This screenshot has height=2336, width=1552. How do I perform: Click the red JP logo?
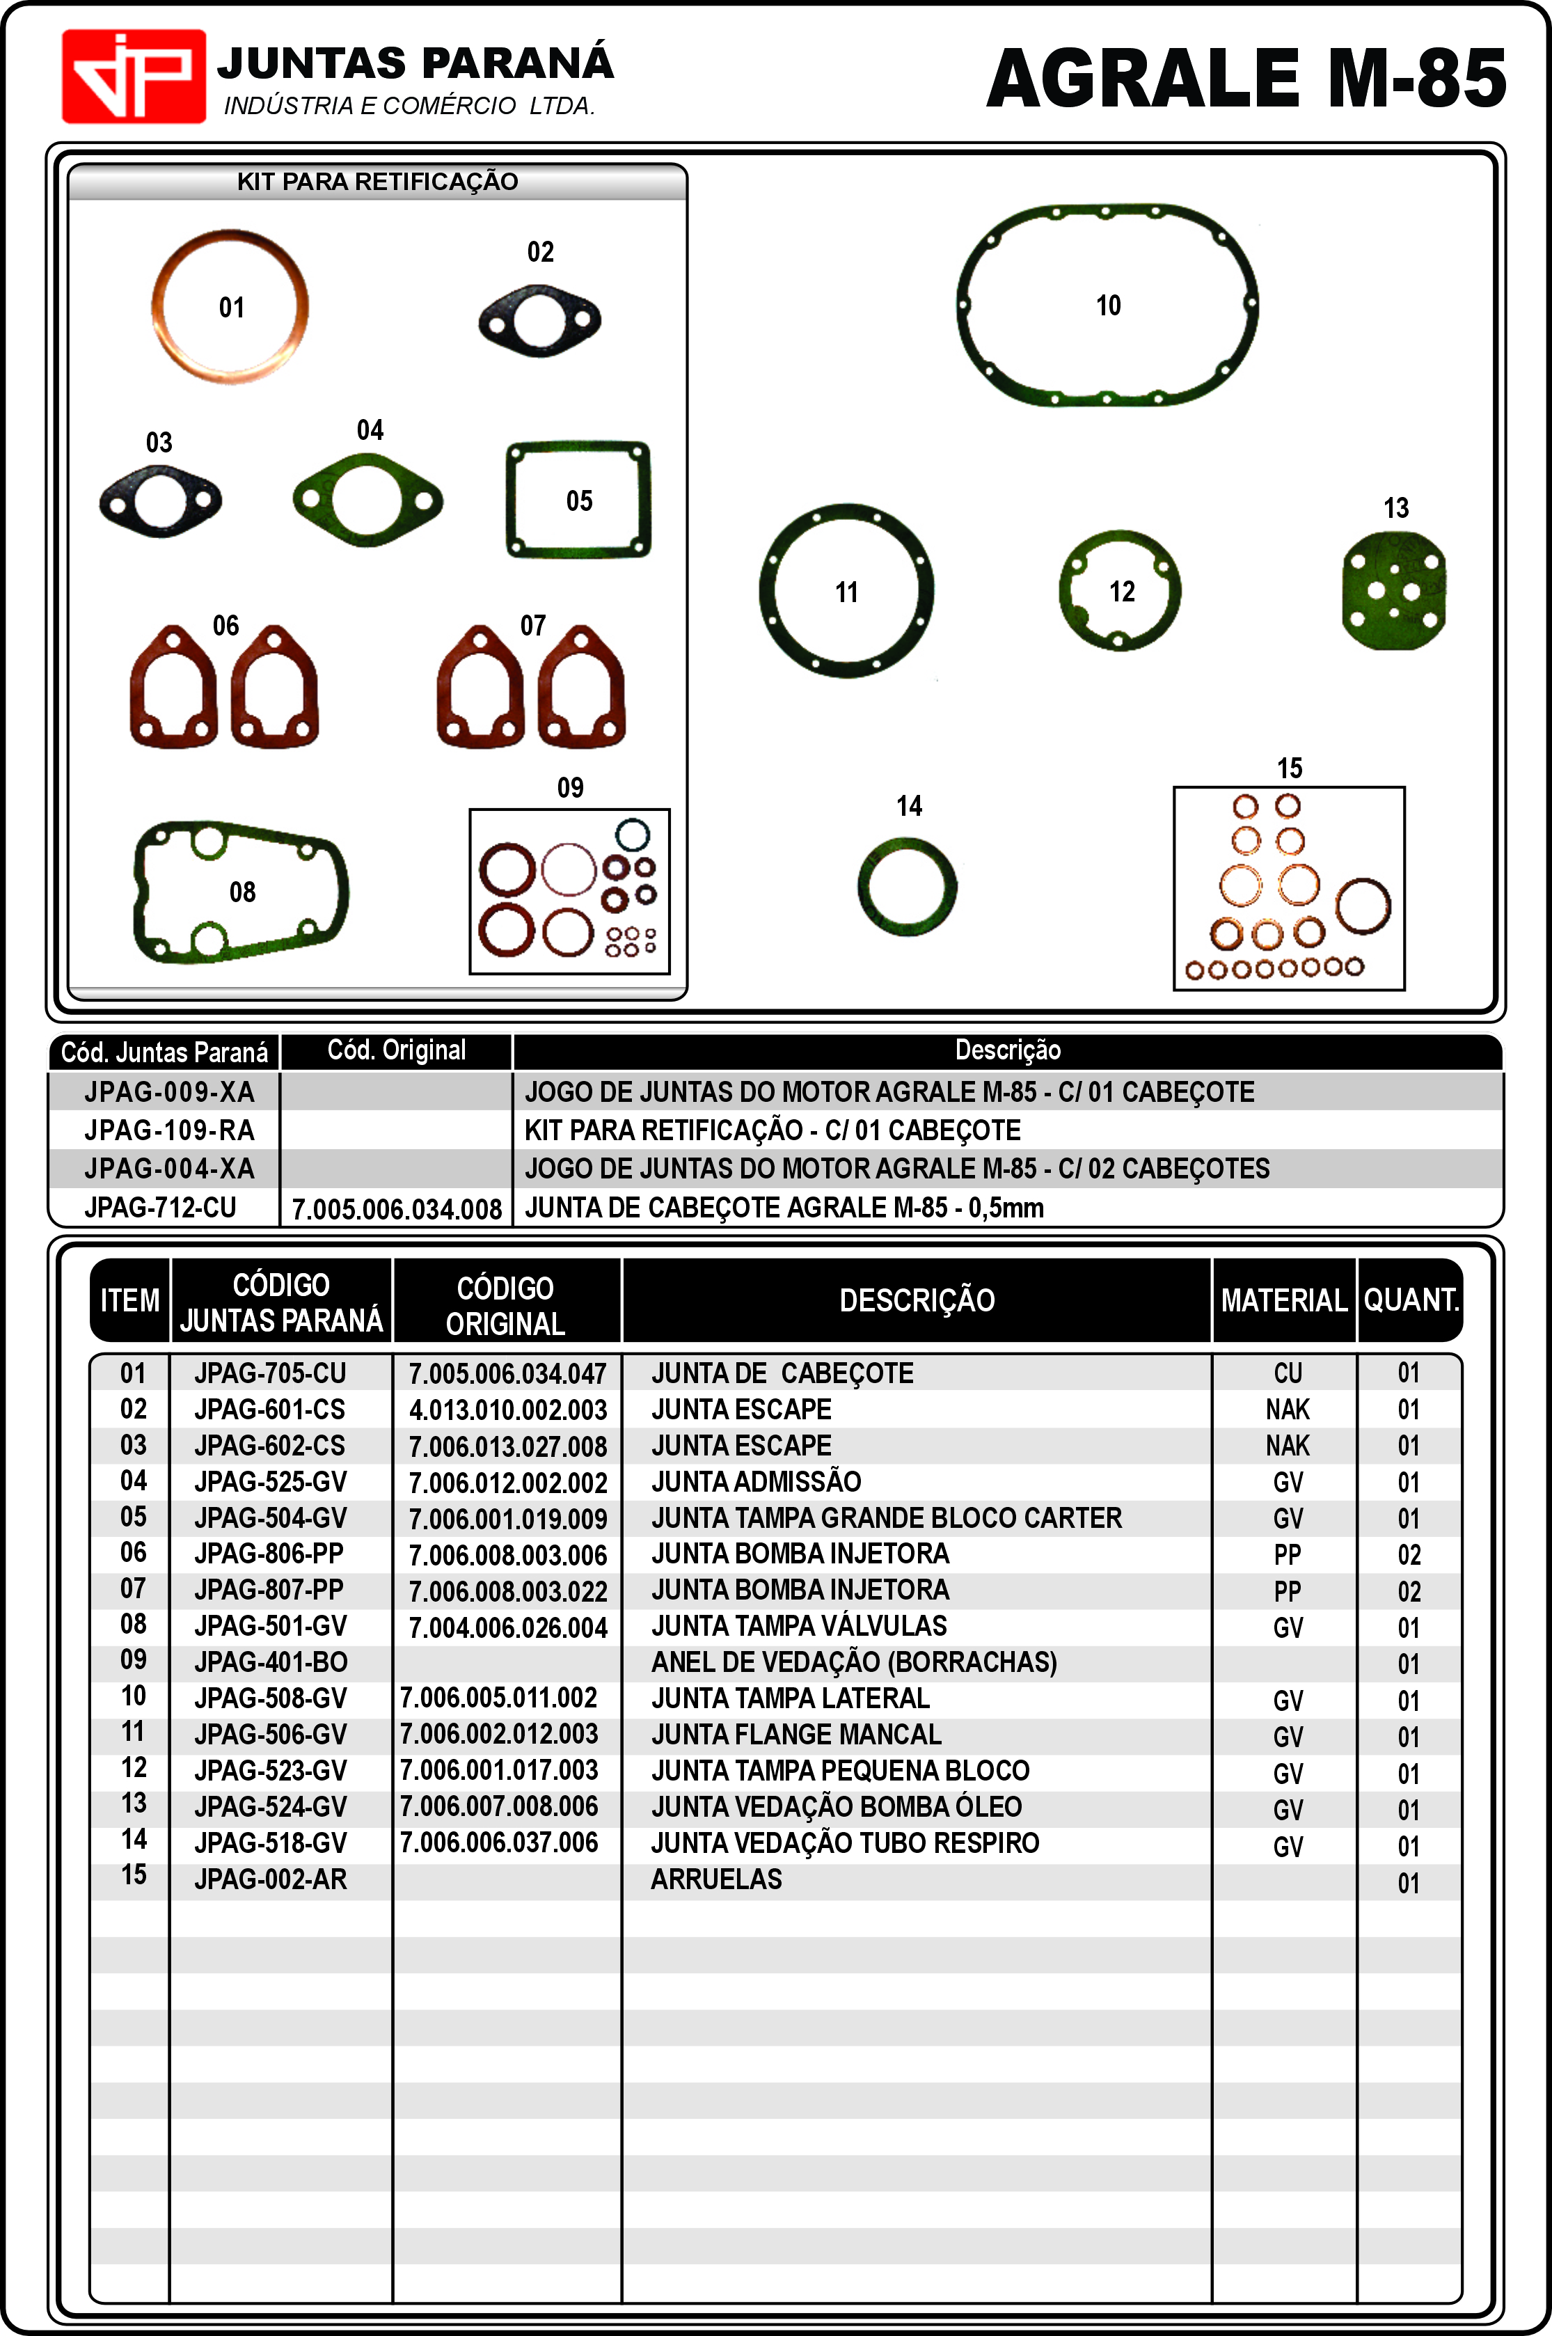coord(134,76)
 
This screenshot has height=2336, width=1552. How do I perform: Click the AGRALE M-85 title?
coord(1246,79)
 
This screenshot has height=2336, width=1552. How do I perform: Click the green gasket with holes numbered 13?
coord(1393,590)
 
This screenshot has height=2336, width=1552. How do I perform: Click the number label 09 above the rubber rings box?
coord(570,788)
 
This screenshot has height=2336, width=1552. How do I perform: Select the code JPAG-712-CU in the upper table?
coord(160,1208)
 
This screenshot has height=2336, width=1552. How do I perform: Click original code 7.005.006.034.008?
coord(397,1208)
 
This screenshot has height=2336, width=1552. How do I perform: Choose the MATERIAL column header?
coord(1284,1300)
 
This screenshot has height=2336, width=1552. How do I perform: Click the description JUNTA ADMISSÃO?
coord(757,1482)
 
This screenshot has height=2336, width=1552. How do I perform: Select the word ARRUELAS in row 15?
coord(717,1879)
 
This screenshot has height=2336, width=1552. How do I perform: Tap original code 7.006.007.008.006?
coord(499,1806)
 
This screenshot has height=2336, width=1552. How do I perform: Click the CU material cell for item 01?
coord(1288,1373)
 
